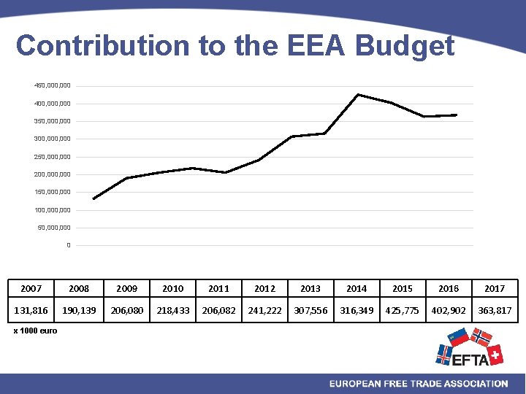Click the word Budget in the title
[x=405, y=46]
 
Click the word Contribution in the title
[x=102, y=46]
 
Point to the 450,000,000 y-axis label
[x=53, y=86]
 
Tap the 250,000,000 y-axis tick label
[x=53, y=157]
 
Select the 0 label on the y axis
[x=69, y=245]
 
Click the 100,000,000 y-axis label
[x=53, y=210]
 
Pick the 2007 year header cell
[x=31, y=288]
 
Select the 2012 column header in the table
[x=264, y=288]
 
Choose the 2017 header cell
[x=494, y=288]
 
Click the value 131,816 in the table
[x=31, y=310]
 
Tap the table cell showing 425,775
[x=403, y=310]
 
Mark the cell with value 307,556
[x=310, y=310]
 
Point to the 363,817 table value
[x=494, y=310]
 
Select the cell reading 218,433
[x=172, y=310]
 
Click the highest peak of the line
[x=357, y=94]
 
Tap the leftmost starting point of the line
[x=94, y=198]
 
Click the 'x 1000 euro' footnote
[x=35, y=331]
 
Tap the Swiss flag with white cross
[x=495, y=355]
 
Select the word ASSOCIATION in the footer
[x=475, y=384]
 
